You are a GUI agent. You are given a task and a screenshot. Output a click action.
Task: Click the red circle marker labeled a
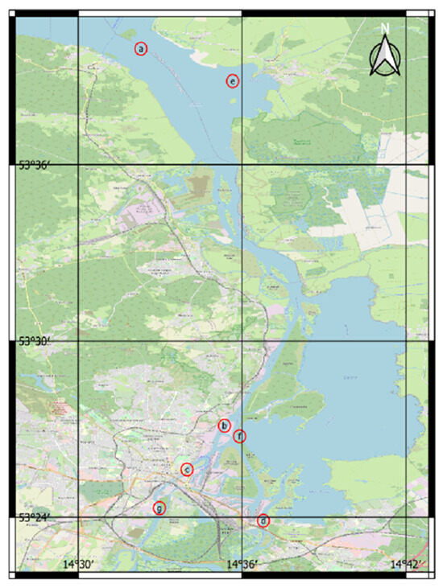coord(141,49)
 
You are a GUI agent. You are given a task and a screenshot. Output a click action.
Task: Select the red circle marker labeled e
coord(232,80)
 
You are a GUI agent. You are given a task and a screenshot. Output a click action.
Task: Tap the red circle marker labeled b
coord(225,426)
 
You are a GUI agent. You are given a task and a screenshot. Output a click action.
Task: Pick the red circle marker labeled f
coord(238,436)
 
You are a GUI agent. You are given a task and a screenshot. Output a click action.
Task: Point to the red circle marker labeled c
coord(187,469)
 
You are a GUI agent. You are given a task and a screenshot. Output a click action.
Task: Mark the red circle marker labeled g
coord(159,508)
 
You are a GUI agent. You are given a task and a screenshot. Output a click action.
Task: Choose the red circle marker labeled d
coord(263,520)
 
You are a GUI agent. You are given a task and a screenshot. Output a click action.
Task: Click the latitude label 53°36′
coord(35,165)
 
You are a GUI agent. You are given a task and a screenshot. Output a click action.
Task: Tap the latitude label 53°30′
coord(35,341)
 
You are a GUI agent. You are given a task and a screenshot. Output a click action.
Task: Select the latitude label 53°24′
coord(35,517)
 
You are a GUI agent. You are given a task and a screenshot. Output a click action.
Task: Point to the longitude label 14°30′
coord(81,565)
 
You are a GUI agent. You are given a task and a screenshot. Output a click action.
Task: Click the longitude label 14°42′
coord(408,565)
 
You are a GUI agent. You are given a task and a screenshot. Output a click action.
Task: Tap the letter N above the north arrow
coord(385,29)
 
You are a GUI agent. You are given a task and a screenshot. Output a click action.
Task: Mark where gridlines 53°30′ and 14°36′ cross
coord(242,341)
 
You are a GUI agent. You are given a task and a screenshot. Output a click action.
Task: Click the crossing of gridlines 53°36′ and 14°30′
coord(78,165)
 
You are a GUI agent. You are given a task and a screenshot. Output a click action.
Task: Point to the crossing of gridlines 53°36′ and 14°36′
coord(242,165)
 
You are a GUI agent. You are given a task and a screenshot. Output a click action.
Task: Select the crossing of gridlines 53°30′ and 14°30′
coord(78,341)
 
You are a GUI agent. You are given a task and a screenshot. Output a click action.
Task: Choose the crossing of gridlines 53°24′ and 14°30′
coord(78,517)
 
